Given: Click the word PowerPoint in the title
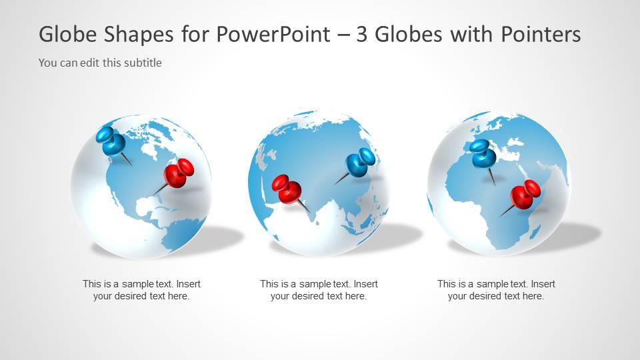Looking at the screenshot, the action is tap(273, 34).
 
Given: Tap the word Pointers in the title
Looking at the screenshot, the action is tap(541, 34).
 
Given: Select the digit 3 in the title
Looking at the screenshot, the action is tap(361, 34).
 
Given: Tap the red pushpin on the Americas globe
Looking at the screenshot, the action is tap(175, 175).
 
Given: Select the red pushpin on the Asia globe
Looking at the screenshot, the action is tap(289, 192).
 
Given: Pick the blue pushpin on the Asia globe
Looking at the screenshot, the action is tap(357, 165).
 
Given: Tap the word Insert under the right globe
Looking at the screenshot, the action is tap(543, 284).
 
